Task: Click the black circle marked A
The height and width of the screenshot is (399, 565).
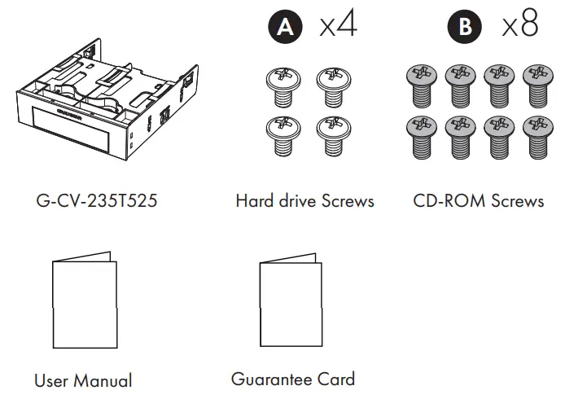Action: [284, 27]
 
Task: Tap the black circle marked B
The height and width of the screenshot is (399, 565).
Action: [466, 27]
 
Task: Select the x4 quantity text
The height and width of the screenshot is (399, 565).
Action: [337, 25]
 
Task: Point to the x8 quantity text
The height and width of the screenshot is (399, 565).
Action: [519, 25]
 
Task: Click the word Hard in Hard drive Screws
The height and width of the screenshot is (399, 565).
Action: [253, 200]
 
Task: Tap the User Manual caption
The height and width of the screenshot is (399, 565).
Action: [83, 380]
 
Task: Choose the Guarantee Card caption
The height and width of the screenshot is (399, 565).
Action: [293, 379]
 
